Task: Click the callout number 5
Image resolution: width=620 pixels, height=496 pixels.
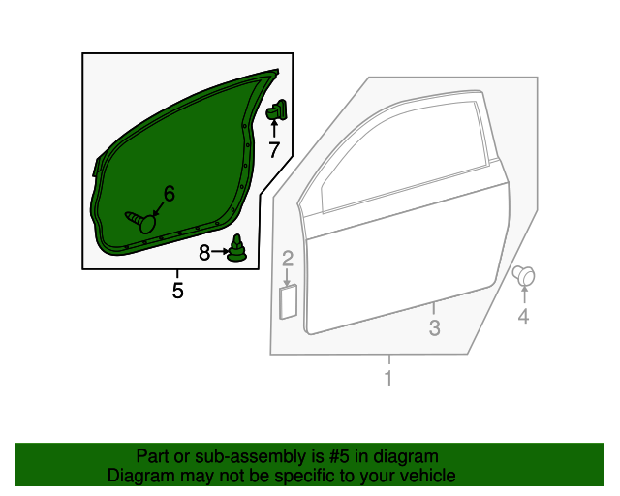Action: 177,291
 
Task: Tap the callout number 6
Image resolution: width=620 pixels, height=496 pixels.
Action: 170,194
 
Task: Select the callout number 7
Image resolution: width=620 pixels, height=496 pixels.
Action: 274,149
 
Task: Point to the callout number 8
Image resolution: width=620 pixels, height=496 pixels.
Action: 204,252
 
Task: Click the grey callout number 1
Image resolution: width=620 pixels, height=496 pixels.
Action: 388,378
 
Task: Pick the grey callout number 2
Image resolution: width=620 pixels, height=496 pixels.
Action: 288,259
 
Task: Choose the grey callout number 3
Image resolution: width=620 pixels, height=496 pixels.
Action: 435,327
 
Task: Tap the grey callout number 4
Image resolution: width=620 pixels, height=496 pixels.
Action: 523,317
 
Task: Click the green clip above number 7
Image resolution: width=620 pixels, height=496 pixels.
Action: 276,110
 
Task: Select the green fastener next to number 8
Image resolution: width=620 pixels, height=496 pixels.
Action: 236,249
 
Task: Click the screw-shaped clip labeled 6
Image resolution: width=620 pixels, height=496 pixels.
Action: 140,222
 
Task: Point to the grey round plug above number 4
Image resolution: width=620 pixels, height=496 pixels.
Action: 523,275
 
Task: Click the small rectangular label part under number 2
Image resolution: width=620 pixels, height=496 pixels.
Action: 289,302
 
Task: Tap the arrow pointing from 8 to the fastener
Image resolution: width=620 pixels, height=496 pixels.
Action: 220,251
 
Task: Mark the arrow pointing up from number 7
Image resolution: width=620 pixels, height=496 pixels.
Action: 274,129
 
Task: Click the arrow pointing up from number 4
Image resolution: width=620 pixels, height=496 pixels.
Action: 524,294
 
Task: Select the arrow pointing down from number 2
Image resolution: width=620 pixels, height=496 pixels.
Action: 287,276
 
